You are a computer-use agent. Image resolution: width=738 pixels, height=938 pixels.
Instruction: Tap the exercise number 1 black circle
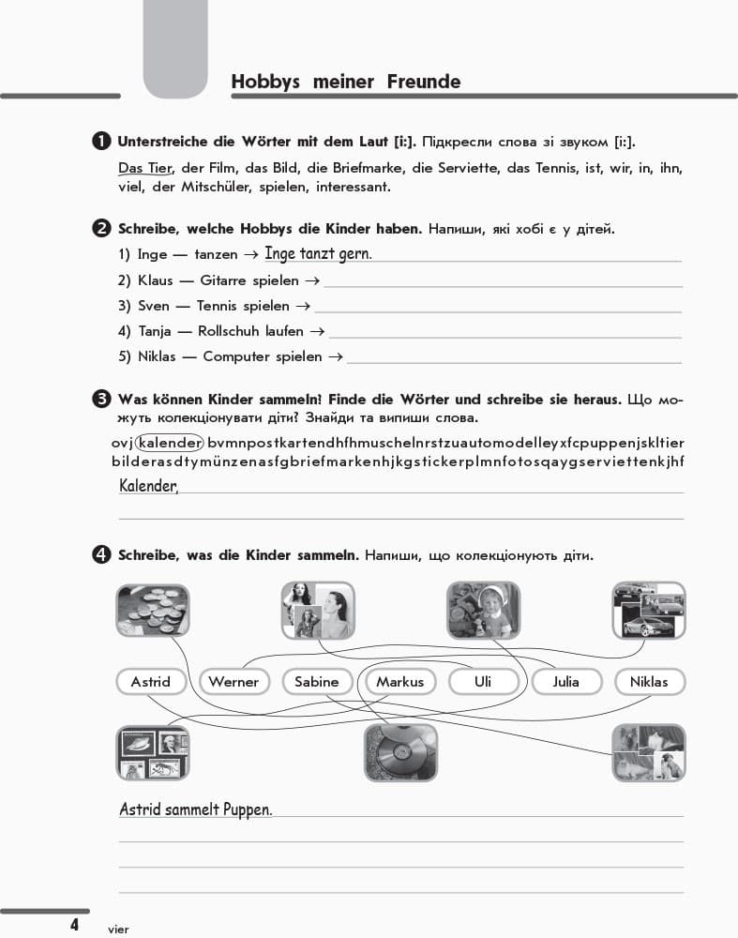point(102,142)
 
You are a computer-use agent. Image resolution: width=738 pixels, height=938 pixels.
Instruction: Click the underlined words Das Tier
point(146,168)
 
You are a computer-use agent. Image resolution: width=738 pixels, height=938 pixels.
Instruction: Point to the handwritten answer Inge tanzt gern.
point(318,253)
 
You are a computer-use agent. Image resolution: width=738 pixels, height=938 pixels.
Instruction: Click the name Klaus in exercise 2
point(156,280)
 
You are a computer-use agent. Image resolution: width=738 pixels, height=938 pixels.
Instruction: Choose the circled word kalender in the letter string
point(170,443)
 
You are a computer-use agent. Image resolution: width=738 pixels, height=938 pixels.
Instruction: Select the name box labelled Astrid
point(151,682)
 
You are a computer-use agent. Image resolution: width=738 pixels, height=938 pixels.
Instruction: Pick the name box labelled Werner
point(233,682)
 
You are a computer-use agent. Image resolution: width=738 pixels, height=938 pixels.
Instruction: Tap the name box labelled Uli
point(483,682)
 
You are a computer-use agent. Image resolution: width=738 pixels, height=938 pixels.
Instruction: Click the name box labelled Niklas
point(649,682)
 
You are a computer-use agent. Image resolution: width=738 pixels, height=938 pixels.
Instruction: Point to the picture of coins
point(153,609)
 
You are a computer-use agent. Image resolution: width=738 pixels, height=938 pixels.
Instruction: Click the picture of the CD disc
point(400,752)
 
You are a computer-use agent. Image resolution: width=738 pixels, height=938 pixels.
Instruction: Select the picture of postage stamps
point(153,752)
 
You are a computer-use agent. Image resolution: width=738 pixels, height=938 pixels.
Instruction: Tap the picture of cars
point(649,609)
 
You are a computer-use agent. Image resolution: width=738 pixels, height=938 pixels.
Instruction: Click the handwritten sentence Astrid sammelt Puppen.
point(196,809)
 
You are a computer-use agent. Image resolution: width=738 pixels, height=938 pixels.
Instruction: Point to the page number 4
point(73,925)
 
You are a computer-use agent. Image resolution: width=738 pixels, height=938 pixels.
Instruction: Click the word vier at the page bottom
point(117,929)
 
